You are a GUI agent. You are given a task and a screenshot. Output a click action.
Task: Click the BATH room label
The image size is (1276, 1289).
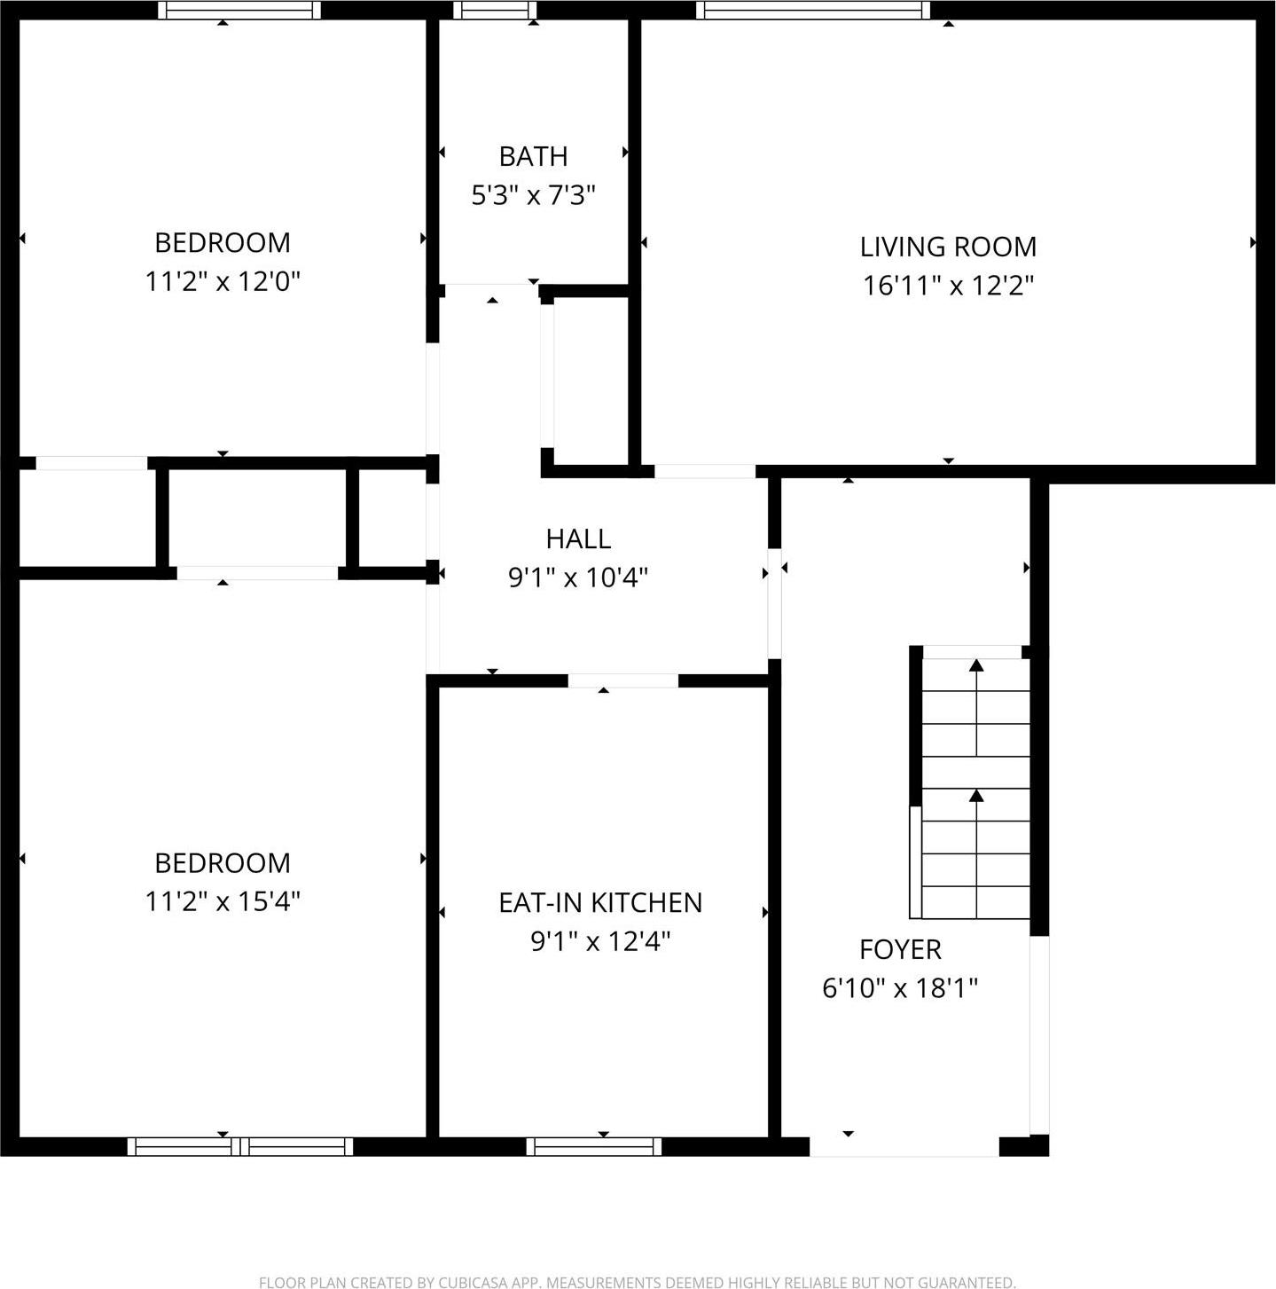pyautogui.click(x=533, y=156)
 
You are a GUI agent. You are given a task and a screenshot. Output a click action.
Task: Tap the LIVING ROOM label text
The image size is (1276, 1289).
pyautogui.click(x=948, y=247)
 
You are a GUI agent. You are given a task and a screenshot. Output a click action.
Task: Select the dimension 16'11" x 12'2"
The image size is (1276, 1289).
pyautogui.click(x=949, y=286)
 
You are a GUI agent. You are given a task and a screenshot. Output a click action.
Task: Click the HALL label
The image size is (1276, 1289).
pyautogui.click(x=578, y=538)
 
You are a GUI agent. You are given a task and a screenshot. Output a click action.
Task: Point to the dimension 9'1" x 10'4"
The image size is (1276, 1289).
pyautogui.click(x=578, y=578)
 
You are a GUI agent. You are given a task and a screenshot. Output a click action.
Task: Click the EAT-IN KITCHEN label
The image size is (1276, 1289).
pyautogui.click(x=600, y=902)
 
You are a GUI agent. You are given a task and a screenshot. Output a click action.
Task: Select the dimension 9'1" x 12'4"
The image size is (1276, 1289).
pyautogui.click(x=600, y=941)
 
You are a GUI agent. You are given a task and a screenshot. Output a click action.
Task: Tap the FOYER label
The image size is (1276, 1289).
pyautogui.click(x=900, y=949)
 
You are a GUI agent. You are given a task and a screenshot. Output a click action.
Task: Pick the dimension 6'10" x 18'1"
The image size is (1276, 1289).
pyautogui.click(x=900, y=988)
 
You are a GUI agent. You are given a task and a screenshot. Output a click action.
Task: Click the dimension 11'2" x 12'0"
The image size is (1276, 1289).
pyautogui.click(x=223, y=282)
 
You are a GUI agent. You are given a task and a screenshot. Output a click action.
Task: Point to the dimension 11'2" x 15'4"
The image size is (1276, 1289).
pyautogui.click(x=223, y=902)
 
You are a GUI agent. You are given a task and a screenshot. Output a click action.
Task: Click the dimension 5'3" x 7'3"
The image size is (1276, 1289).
pyautogui.click(x=533, y=195)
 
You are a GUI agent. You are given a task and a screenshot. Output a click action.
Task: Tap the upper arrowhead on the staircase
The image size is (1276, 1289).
pyautogui.click(x=976, y=665)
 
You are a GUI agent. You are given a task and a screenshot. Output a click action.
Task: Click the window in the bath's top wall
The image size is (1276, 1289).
pyautogui.click(x=495, y=11)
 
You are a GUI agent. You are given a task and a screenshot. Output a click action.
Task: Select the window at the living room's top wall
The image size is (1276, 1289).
pyautogui.click(x=813, y=11)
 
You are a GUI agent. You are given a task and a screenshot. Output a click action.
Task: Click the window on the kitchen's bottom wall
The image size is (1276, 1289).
pyautogui.click(x=594, y=1146)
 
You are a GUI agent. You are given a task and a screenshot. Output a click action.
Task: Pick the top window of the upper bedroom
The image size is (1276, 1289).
pyautogui.click(x=239, y=11)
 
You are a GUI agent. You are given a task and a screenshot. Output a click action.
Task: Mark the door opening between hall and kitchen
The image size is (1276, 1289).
pyautogui.click(x=622, y=681)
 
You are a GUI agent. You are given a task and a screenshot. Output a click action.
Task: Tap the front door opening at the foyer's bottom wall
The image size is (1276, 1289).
pyautogui.click(x=904, y=1146)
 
